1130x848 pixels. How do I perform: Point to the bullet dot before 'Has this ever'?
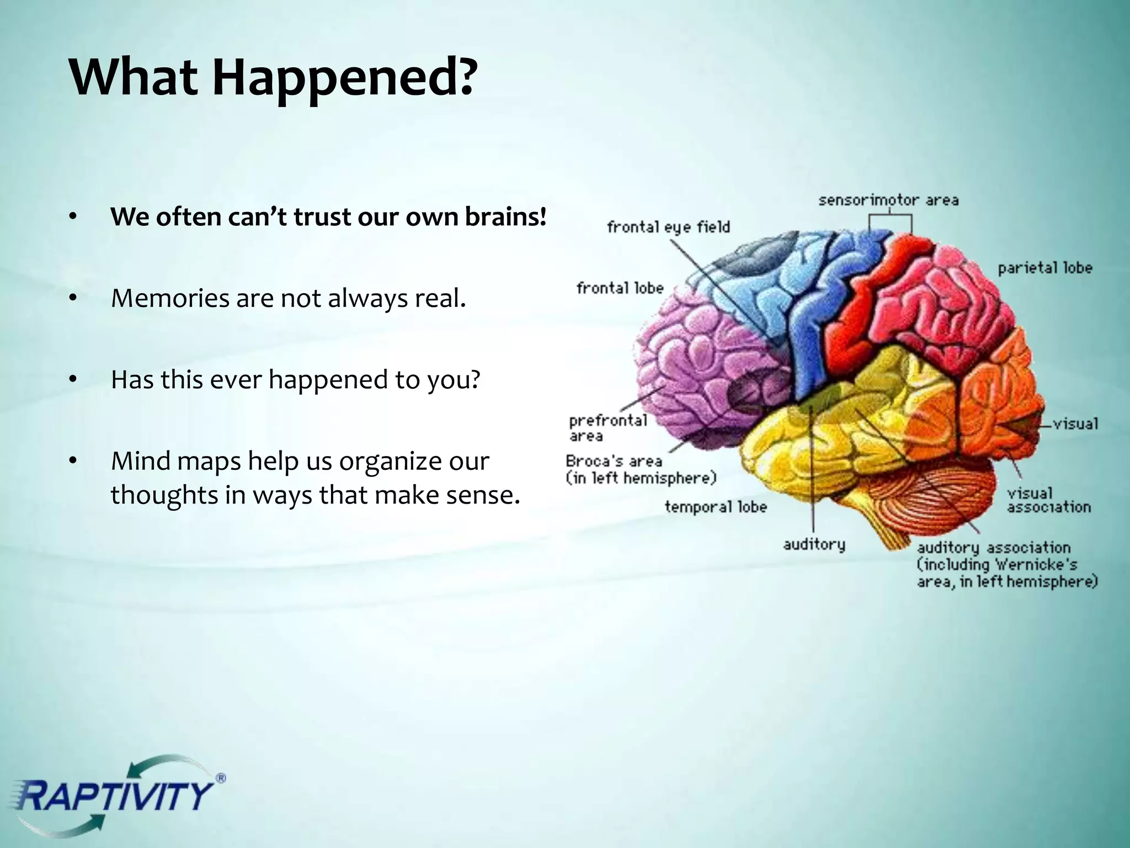pos(72,380)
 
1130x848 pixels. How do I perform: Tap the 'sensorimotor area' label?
pos(888,200)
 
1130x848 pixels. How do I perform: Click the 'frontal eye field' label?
pos(668,227)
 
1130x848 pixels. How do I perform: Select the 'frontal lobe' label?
pos(620,288)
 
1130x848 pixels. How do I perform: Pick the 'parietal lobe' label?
pos(1044,268)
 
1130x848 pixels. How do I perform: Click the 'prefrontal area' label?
pos(607,428)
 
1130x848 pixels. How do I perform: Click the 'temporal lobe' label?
pos(716,507)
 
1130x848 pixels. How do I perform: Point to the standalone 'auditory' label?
pos(814,545)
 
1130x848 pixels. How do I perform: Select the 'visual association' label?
pos(1048,500)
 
